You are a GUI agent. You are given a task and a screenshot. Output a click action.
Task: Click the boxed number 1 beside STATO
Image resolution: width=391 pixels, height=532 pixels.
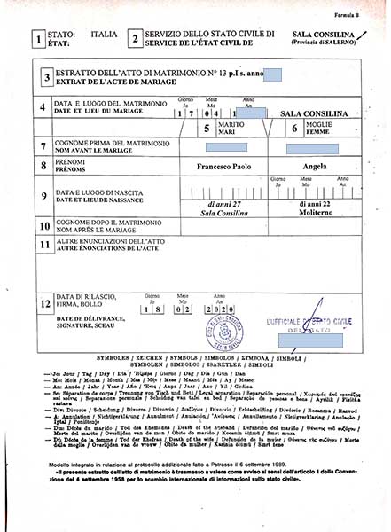pyautogui.click(x=36, y=39)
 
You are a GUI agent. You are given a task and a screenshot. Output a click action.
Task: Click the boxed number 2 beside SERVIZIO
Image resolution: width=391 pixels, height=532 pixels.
pyautogui.click(x=133, y=39)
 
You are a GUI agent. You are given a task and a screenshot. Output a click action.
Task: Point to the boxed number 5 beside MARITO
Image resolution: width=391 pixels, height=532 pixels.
pyautogui.click(x=207, y=129)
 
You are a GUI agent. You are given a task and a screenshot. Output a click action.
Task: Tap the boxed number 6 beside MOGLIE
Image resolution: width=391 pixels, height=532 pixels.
pyautogui.click(x=294, y=129)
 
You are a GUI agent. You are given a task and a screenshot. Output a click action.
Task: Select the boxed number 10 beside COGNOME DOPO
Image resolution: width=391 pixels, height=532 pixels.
pyautogui.click(x=43, y=226)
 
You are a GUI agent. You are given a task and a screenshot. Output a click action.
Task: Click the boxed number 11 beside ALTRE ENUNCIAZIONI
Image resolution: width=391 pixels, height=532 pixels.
pyautogui.click(x=43, y=242)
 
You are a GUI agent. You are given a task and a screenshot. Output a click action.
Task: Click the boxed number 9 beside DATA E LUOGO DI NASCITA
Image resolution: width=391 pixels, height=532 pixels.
pyautogui.click(x=43, y=197)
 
